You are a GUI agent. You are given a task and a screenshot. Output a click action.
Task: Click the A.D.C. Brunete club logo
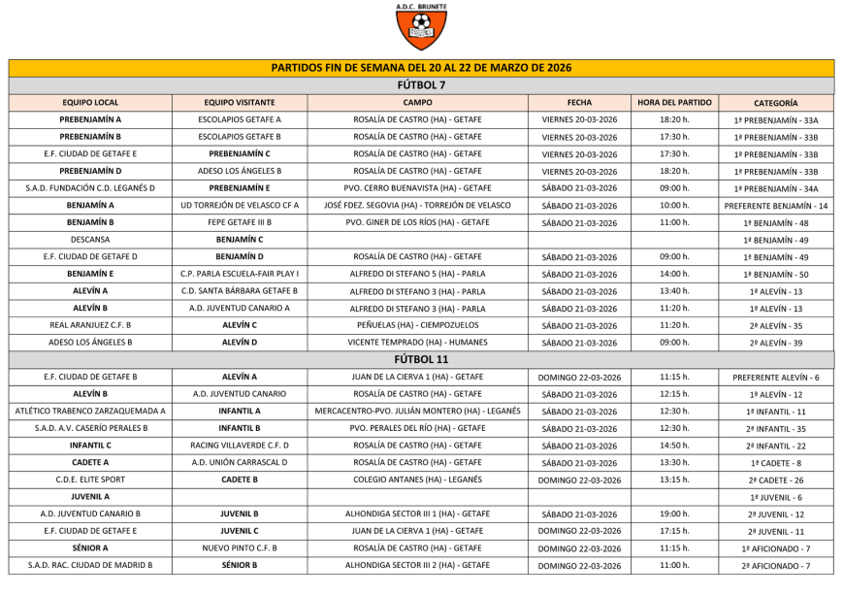click(x=421, y=27)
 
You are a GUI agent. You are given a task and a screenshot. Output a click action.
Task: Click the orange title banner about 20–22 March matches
click(x=421, y=68)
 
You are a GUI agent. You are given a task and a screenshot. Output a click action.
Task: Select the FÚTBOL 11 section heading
click(x=421, y=359)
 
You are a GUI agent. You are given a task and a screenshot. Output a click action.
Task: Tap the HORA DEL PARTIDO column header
click(x=675, y=102)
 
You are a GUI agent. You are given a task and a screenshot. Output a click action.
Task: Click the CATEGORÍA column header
click(x=775, y=102)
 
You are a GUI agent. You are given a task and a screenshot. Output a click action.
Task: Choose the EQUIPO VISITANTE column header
click(x=240, y=102)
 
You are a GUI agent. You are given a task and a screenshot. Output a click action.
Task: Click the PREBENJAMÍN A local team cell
click(x=90, y=119)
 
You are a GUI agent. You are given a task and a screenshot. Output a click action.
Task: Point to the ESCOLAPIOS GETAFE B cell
click(x=240, y=137)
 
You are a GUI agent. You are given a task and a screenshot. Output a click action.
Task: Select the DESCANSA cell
click(x=90, y=239)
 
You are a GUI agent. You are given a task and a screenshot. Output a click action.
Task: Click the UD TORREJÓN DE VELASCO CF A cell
click(x=240, y=205)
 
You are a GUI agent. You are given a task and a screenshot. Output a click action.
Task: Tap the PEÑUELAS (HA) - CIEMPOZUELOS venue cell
click(x=417, y=325)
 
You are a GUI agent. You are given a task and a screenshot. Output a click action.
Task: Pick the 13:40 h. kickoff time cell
click(x=675, y=290)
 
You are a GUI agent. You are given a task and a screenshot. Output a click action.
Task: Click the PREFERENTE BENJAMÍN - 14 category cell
click(x=775, y=206)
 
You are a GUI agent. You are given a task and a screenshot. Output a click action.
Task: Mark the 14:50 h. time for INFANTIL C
click(x=675, y=446)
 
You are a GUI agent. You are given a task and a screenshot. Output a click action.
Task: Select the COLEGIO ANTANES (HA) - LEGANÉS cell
click(x=417, y=480)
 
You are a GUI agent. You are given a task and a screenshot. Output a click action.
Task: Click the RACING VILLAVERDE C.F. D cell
click(x=240, y=446)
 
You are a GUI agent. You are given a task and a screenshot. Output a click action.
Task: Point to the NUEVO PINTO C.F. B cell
click(x=240, y=547)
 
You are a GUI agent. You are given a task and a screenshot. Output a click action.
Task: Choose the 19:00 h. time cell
click(x=675, y=513)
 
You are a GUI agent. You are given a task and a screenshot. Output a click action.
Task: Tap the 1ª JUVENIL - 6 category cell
click(x=775, y=497)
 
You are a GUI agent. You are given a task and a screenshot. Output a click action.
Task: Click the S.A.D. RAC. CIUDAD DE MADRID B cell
click(x=90, y=565)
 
